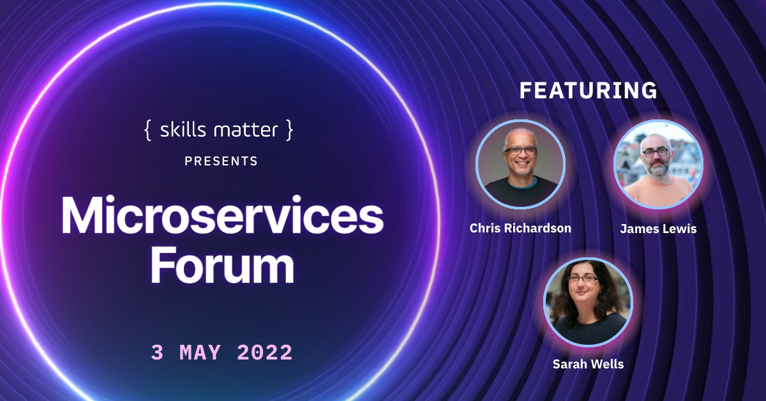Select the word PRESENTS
pyautogui.click(x=221, y=162)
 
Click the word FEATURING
pyautogui.click(x=588, y=91)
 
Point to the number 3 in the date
pyautogui.click(x=157, y=352)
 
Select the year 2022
pyautogui.click(x=264, y=352)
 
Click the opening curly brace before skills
pyautogui.click(x=147, y=131)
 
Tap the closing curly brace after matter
pyautogui.click(x=290, y=131)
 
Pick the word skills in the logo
pyautogui.click(x=181, y=131)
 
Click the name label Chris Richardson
pyautogui.click(x=520, y=228)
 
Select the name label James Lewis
pyautogui.click(x=658, y=229)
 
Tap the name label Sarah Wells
pyautogui.click(x=588, y=365)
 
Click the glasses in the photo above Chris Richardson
pyautogui.click(x=520, y=151)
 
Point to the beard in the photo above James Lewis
pyautogui.click(x=657, y=167)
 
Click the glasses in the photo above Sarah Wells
pyautogui.click(x=583, y=278)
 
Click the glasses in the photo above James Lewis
pyautogui.click(x=657, y=153)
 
